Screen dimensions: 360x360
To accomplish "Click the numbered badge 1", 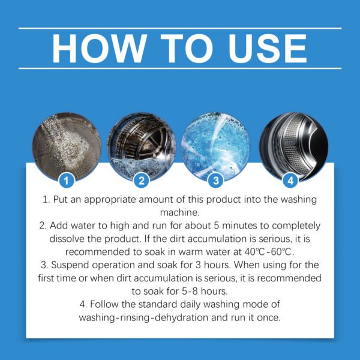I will pos(68,179).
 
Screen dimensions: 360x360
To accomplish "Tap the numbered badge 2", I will pos(142,179).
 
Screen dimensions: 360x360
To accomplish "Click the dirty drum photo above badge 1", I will pos(68,145).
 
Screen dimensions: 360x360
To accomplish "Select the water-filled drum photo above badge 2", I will pos(142,145).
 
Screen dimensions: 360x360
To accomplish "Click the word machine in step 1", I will pos(180,212).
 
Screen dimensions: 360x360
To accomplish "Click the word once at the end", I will pos(268,317).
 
